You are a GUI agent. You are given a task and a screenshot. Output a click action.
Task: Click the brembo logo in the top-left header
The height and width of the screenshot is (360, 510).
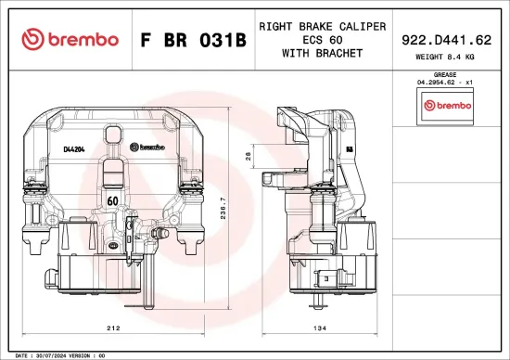[70, 39]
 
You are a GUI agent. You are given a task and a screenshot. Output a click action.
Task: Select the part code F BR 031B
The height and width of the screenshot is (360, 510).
[193, 40]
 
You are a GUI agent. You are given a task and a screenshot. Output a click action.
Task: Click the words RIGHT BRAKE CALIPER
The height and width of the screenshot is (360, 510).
[322, 26]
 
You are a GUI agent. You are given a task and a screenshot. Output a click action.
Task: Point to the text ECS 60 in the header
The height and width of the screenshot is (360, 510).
[322, 40]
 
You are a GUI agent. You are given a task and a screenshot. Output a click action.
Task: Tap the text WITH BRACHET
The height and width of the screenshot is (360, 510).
[322, 53]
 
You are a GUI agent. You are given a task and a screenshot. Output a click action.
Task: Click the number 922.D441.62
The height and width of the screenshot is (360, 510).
[445, 40]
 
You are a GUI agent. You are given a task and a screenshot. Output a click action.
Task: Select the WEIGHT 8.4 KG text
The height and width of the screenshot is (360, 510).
[445, 58]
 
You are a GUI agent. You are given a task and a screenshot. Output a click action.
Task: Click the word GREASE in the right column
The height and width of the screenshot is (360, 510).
[446, 74]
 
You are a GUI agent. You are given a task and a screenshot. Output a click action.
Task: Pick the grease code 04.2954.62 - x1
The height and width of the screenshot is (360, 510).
[446, 83]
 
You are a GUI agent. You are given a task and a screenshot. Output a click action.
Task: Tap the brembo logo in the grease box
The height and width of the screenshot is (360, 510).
[447, 106]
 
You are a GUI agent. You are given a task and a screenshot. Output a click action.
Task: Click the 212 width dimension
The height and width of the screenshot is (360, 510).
[112, 328]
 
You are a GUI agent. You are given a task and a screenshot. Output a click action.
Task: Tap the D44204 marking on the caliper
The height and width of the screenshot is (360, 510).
[74, 148]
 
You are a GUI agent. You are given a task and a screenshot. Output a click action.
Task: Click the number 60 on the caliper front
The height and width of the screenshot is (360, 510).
[111, 200]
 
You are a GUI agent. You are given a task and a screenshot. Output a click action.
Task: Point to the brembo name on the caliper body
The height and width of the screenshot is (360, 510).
[150, 147]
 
